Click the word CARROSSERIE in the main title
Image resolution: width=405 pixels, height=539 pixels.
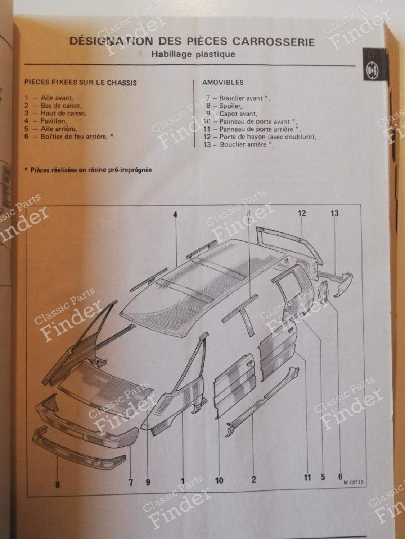click(274, 42)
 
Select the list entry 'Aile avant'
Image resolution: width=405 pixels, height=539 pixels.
click(57, 98)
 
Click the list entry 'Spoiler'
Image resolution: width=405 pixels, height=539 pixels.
click(231, 106)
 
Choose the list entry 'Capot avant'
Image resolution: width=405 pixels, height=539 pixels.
click(238, 114)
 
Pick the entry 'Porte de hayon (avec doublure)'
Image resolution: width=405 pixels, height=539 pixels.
click(268, 137)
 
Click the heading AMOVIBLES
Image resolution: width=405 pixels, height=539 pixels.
click(223, 82)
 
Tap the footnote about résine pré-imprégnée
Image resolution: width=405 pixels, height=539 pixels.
click(89, 170)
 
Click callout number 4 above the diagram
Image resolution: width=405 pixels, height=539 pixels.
click(175, 215)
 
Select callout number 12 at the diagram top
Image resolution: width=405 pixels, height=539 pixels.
click(302, 213)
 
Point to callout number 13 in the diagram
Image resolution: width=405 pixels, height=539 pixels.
click(334, 213)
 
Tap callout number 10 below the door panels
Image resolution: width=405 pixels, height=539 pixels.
click(219, 480)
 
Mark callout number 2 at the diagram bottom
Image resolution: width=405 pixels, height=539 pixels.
click(254, 479)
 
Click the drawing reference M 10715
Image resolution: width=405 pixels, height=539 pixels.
click(354, 482)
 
